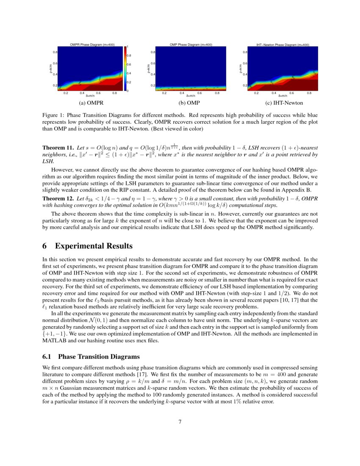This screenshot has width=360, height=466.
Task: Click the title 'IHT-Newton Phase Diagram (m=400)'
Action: click(x=282, y=44)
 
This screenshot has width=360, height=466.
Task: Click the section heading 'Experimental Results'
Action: click(x=94, y=246)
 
